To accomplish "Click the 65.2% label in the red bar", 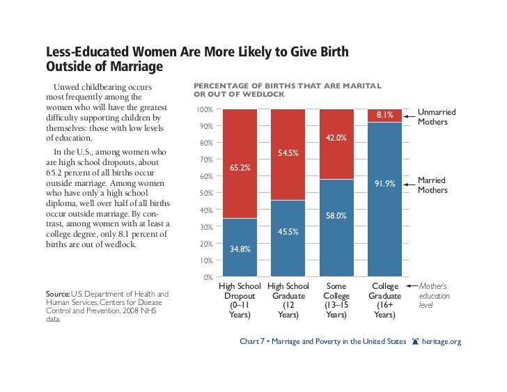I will (x=240, y=167).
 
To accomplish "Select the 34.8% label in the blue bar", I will (x=240, y=248).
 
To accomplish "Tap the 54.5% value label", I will (x=288, y=152).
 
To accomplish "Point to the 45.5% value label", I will (x=288, y=231).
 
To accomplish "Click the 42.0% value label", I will (x=337, y=138).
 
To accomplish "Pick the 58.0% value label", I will (x=337, y=216).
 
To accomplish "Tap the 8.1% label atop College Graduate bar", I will (x=385, y=116).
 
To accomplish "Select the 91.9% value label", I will (x=385, y=184).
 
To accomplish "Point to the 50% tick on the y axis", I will (x=206, y=194).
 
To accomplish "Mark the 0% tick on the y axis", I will (x=208, y=277).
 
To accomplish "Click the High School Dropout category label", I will (x=240, y=301).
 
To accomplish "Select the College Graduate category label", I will (x=385, y=301).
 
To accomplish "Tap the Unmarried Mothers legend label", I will (x=432, y=117).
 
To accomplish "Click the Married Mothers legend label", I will (x=432, y=185).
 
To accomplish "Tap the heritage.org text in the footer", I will (x=442, y=342).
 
